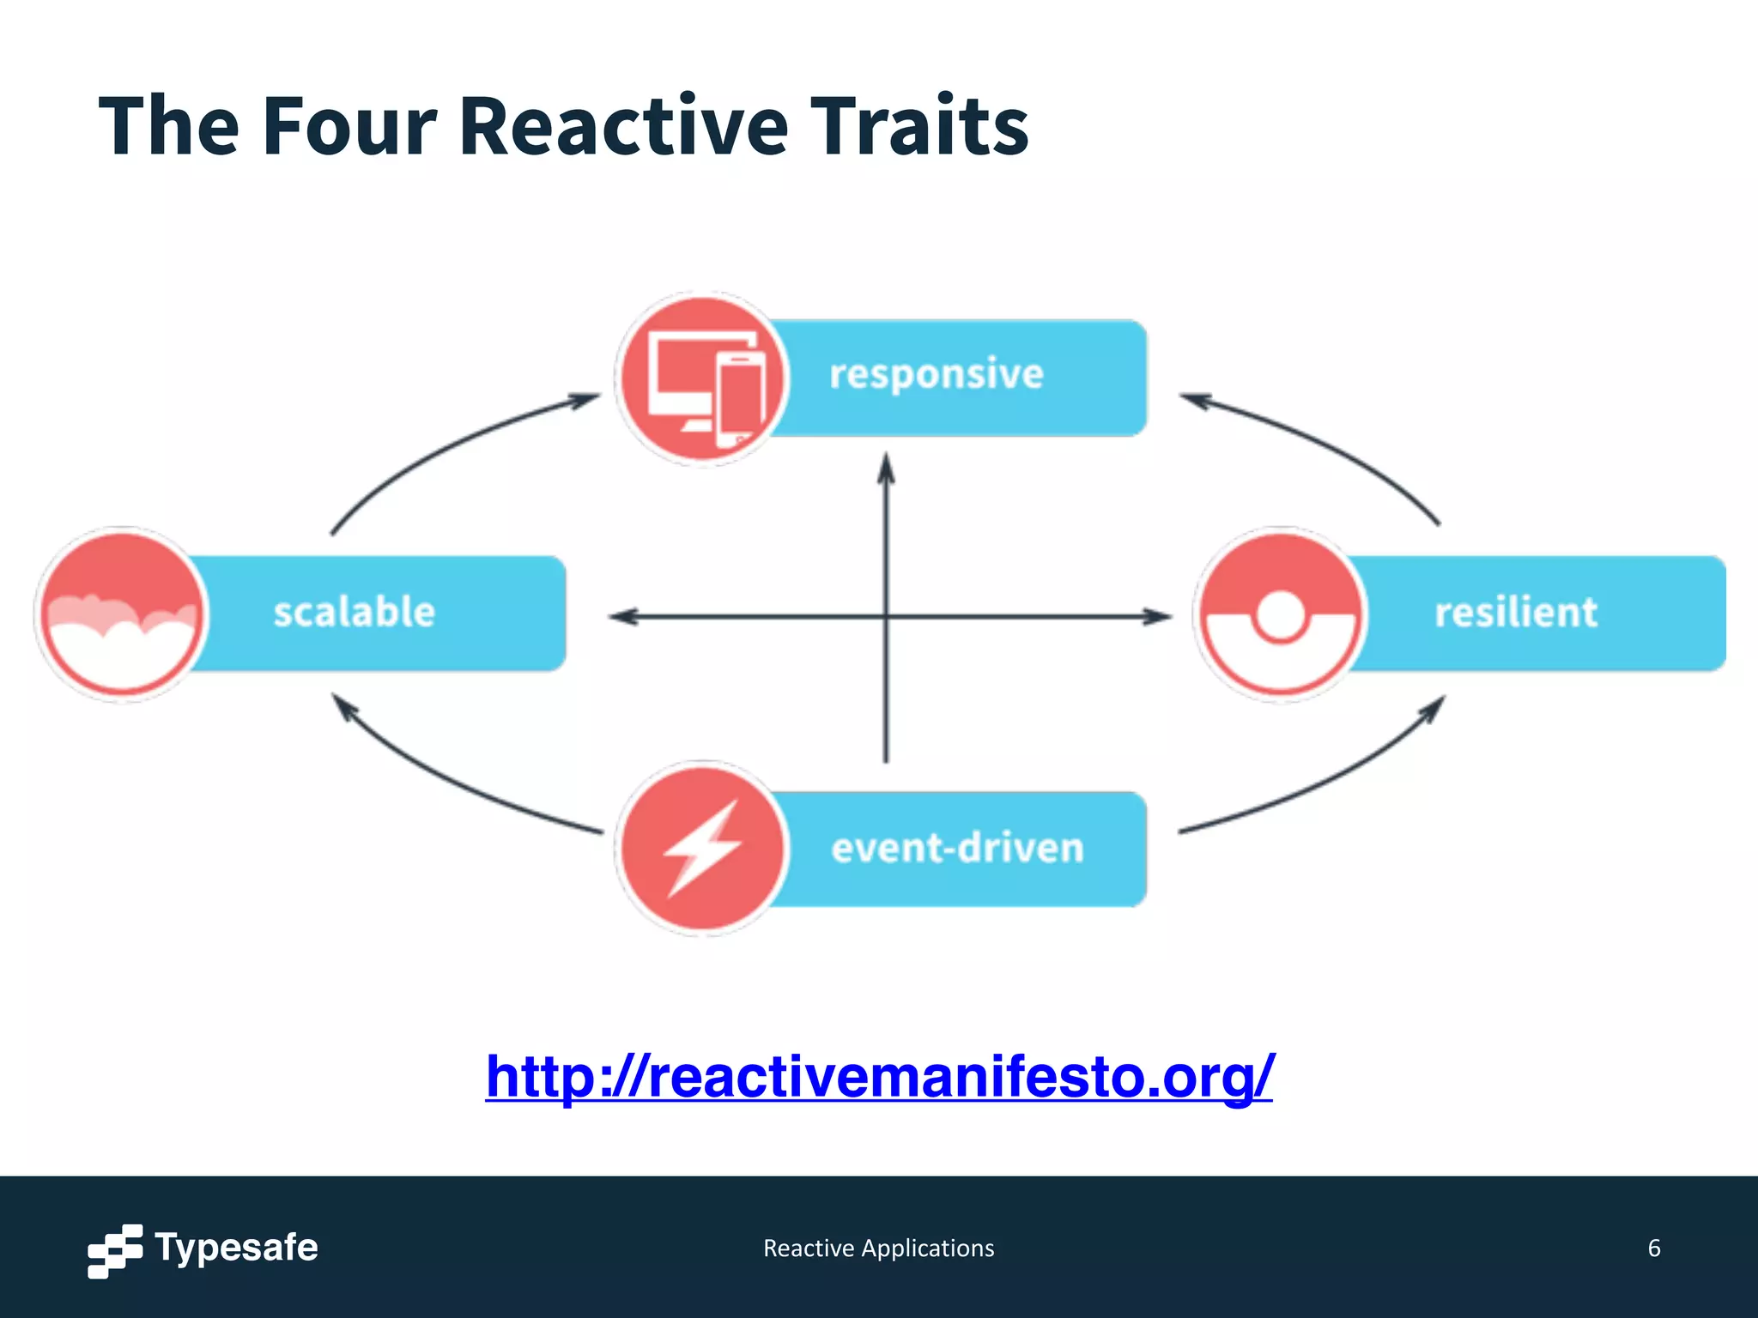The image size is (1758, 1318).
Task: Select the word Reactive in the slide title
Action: [x=623, y=127]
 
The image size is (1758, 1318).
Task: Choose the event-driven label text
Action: [x=957, y=848]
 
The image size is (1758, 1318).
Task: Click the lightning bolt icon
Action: [x=701, y=848]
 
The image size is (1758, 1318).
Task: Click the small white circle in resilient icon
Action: [x=1281, y=614]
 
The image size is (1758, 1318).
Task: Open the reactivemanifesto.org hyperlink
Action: [x=879, y=1076]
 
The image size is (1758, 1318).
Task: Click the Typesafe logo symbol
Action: [x=114, y=1250]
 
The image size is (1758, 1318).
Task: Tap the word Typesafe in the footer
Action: [x=236, y=1248]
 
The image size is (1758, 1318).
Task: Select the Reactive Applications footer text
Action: [x=878, y=1248]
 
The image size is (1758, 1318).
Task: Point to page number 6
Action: [x=1653, y=1248]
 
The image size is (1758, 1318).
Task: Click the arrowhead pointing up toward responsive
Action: [x=887, y=470]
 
